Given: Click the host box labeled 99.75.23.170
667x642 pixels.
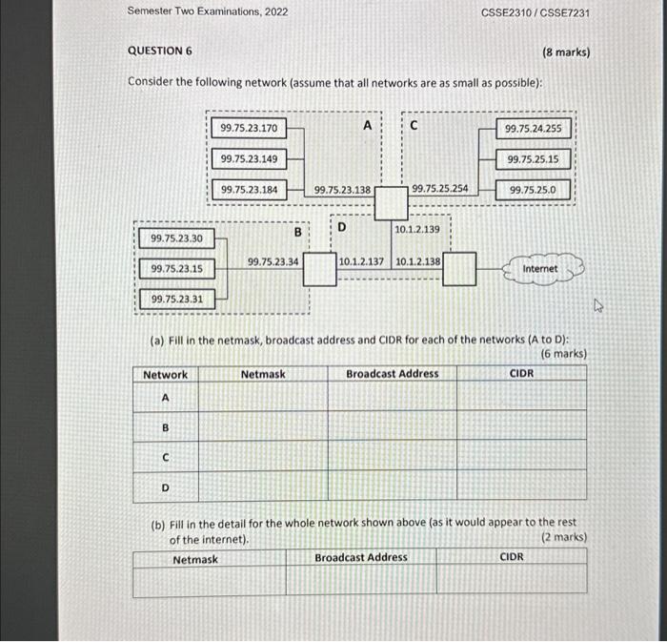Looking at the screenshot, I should tap(248, 128).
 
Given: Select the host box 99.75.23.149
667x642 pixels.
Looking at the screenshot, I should tap(248, 158).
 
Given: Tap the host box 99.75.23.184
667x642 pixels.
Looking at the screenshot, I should tap(249, 190).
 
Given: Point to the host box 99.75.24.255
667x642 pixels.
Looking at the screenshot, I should tap(533, 128).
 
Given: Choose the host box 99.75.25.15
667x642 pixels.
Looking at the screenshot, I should tap(533, 159).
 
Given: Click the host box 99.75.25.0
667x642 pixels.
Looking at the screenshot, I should tap(533, 190).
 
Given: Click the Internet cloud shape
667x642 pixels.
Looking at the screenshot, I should tap(540, 269).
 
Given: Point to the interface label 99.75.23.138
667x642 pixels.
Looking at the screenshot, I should tap(342, 190).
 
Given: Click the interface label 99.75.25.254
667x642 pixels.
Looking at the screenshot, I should tap(439, 190).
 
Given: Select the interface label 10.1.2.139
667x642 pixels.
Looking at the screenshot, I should tap(417, 229).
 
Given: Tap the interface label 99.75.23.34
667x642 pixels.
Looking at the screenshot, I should tap(273, 259).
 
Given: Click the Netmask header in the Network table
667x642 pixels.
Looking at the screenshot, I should tap(263, 374).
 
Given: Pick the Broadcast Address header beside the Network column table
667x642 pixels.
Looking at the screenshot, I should tap(393, 374).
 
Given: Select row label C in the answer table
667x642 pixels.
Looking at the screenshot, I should tap(165, 458).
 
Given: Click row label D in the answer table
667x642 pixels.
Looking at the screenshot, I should tap(165, 488).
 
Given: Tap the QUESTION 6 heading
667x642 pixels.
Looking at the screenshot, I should tap(160, 52).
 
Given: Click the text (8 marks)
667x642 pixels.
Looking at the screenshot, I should tap(566, 52).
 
